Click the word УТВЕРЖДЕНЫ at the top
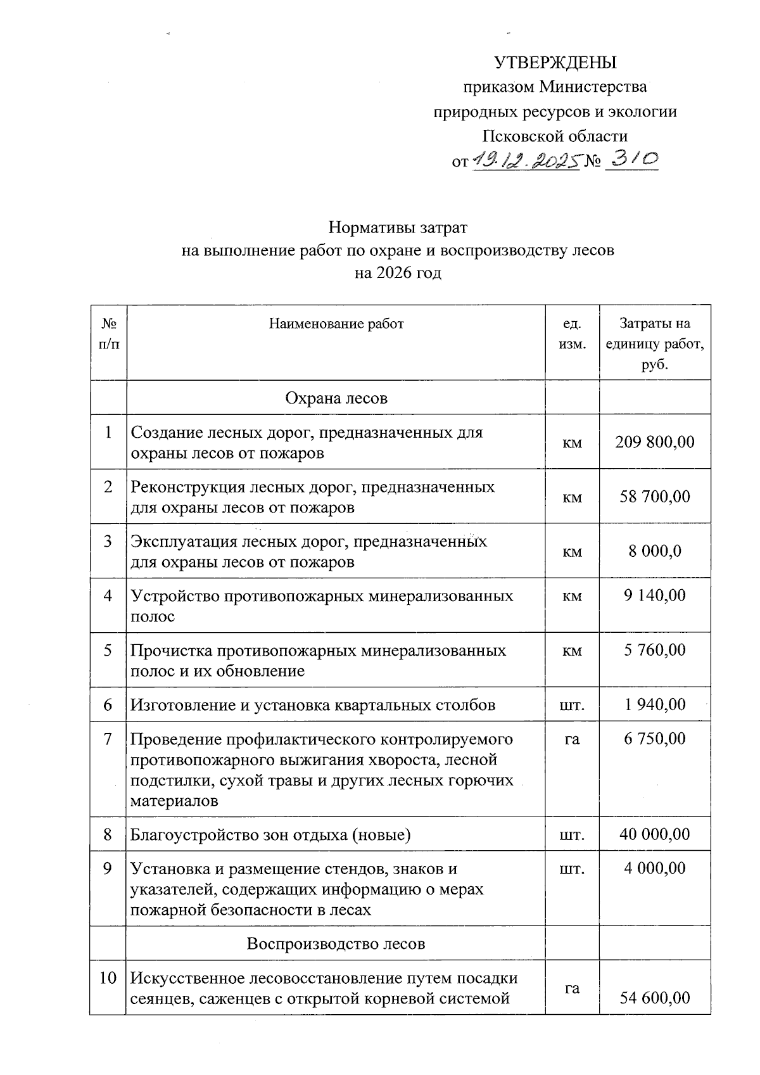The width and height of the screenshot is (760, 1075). point(555,63)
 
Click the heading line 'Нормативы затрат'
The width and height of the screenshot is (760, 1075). point(398,227)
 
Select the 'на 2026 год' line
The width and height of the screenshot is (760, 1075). point(398,273)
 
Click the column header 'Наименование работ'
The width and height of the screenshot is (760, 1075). point(336,324)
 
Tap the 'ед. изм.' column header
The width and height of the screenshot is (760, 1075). point(572,334)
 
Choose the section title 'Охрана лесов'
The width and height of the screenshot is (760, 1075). point(336,398)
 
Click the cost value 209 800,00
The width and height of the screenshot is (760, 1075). point(655,442)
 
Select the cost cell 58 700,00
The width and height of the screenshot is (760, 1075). point(655,496)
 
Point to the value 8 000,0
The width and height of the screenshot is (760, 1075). point(655,550)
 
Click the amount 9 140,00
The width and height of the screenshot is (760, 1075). point(655,595)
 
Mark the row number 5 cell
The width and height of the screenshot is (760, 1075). point(108,650)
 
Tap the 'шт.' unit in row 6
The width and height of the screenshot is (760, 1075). point(572,704)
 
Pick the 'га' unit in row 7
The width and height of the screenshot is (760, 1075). point(572,739)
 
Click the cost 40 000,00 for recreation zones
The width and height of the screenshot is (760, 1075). point(655,834)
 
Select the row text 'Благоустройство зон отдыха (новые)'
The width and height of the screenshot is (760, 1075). point(270,834)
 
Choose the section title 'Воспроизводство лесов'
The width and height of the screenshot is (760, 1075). point(336,943)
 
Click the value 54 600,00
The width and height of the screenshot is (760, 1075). point(655,998)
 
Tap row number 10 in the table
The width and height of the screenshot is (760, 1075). point(108,977)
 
